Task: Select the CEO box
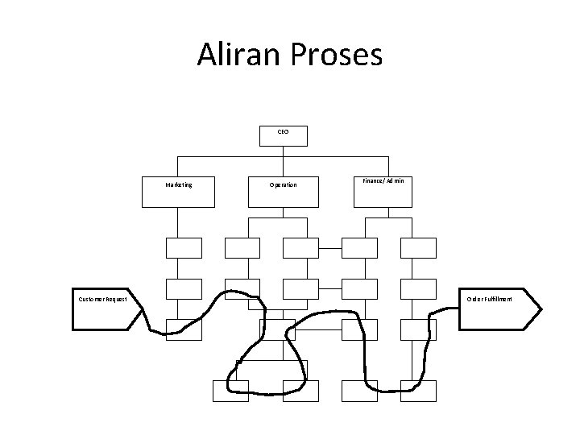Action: [x=283, y=135]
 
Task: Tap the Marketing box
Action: [x=178, y=192]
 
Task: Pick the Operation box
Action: [x=283, y=192]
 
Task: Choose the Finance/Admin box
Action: [x=383, y=192]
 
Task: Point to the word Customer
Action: [x=89, y=300]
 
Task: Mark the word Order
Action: [x=474, y=299]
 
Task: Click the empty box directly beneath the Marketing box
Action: [x=183, y=248]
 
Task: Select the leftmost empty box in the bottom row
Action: [x=230, y=391]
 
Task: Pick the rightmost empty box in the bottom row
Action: [x=419, y=391]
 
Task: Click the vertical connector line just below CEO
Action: [x=283, y=154]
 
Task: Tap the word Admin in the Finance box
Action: [x=395, y=182]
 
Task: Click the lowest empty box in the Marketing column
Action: [x=183, y=329]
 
